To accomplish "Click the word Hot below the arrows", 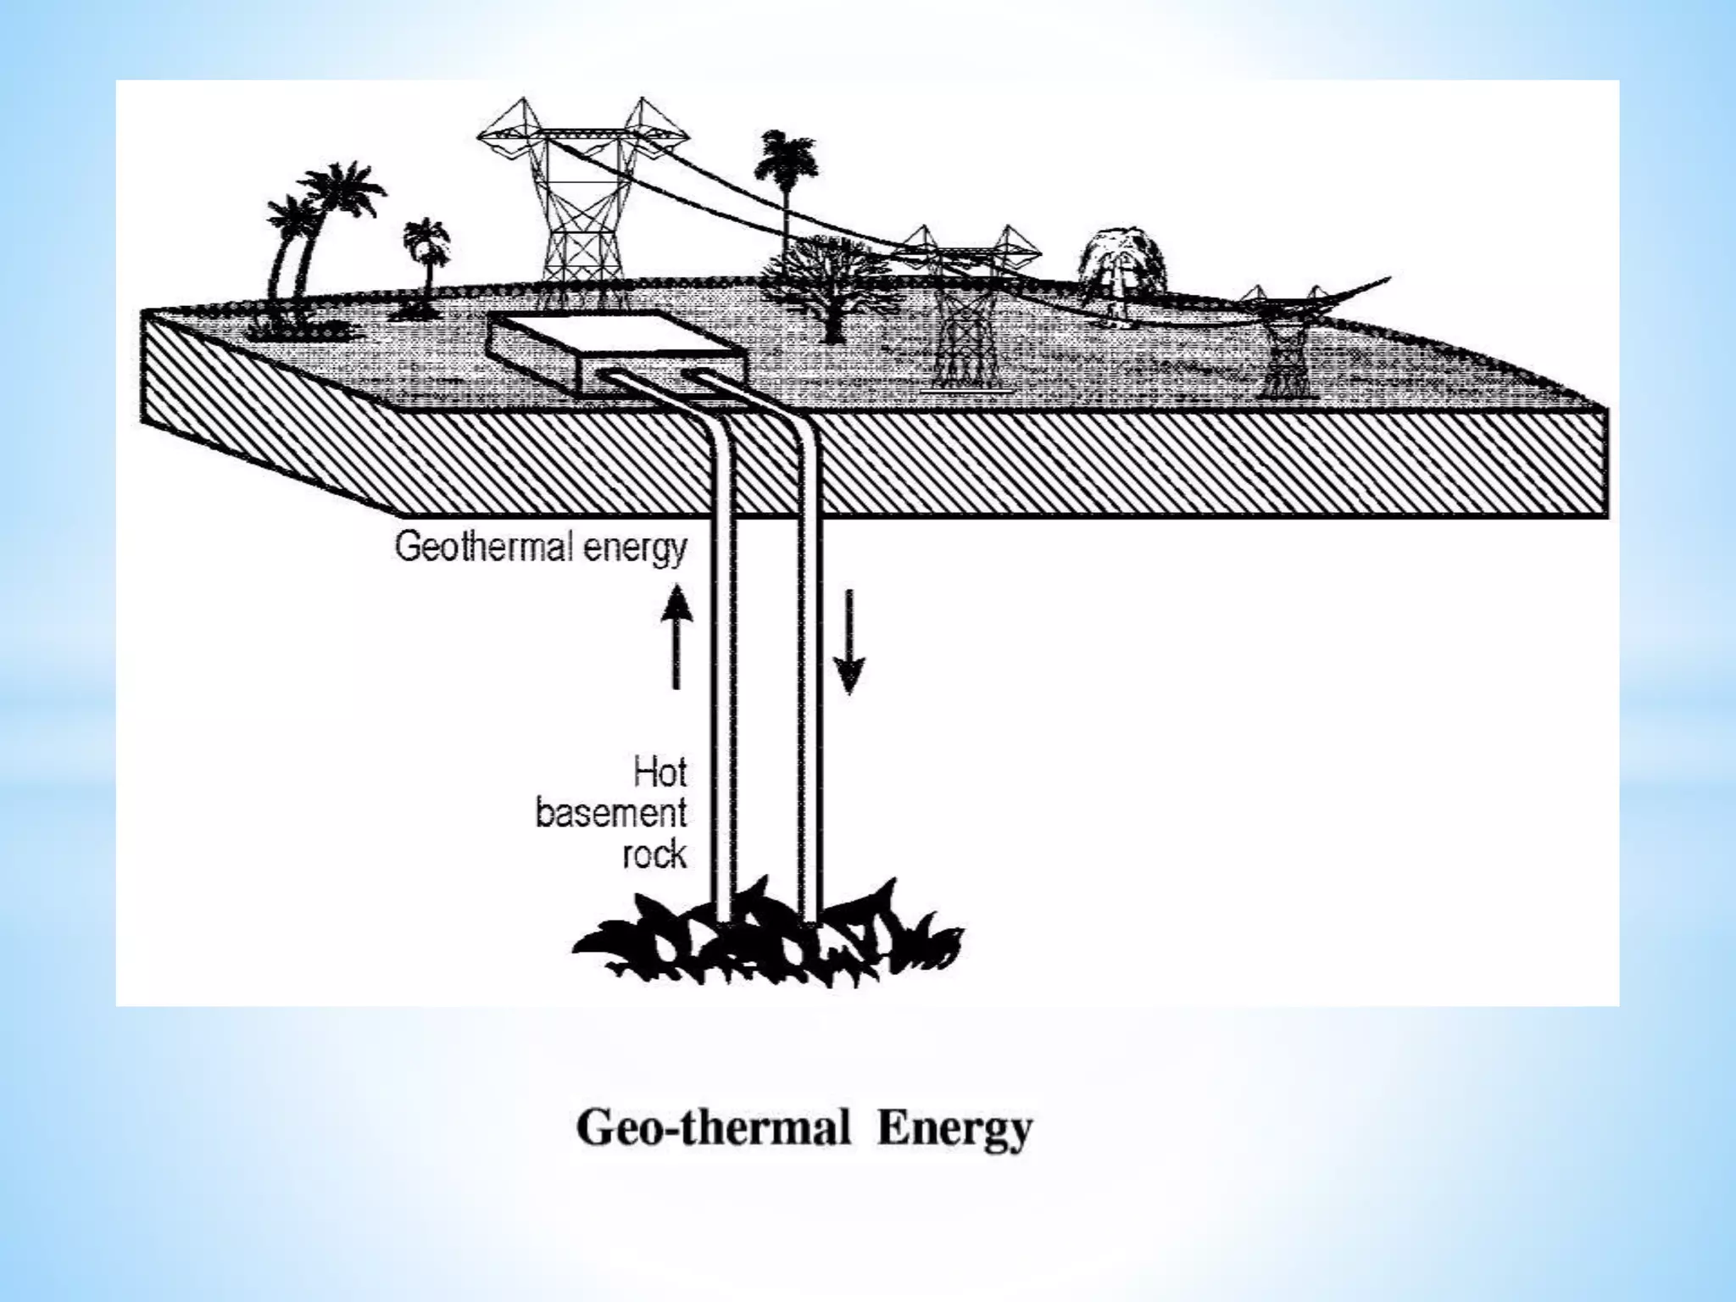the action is [659, 774].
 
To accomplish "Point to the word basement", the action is [610, 815].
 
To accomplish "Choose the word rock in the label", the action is [654, 854].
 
